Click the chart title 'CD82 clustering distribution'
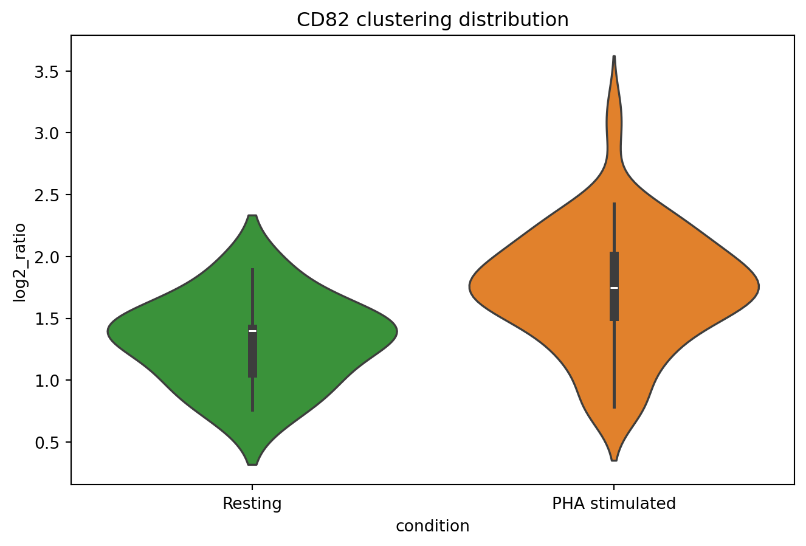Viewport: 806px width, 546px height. [432, 20]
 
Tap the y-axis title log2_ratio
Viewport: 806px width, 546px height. [20, 262]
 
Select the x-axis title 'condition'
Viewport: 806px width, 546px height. [432, 526]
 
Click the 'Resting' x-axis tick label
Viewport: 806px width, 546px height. [252, 504]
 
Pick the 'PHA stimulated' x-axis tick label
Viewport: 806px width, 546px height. [613, 504]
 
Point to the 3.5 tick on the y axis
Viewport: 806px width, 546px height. [52, 71]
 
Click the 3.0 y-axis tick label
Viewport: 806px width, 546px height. [52, 133]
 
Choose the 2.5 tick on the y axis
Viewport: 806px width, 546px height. [52, 195]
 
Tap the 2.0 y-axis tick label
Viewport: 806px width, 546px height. [52, 257]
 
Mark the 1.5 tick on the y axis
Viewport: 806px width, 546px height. [52, 319]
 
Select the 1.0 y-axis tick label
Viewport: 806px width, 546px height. [52, 381]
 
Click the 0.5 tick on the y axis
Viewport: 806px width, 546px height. [52, 442]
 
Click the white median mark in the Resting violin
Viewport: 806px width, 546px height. [252, 331]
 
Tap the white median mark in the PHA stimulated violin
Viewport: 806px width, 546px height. [614, 288]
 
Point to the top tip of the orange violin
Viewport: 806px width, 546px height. [614, 57]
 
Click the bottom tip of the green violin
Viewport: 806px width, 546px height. [252, 464]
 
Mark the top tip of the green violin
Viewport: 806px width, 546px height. [252, 216]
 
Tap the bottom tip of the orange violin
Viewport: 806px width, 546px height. [614, 460]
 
